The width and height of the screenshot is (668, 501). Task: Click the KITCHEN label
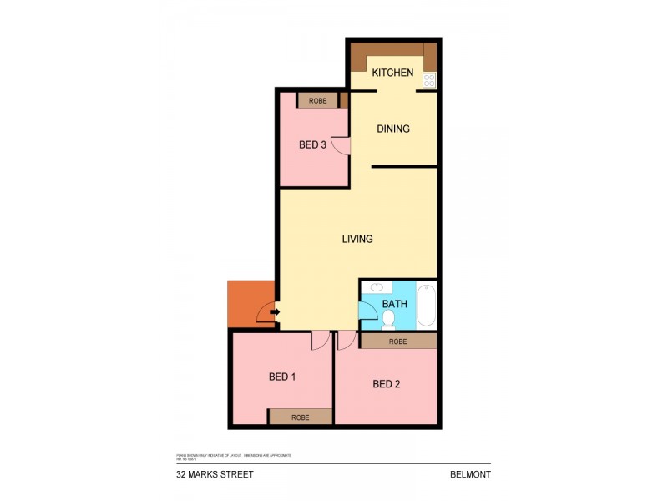(x=392, y=73)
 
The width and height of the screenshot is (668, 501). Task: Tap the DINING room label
(x=393, y=129)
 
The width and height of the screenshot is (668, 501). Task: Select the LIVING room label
(x=357, y=239)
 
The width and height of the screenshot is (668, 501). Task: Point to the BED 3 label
(x=312, y=144)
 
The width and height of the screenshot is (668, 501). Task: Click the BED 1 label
(x=282, y=377)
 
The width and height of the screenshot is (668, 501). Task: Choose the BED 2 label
(x=387, y=384)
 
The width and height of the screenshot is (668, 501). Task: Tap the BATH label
(x=394, y=304)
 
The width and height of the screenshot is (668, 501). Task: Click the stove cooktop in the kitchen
(x=429, y=80)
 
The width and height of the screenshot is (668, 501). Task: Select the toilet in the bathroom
(x=388, y=320)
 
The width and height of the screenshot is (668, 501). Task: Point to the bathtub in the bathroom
(x=426, y=306)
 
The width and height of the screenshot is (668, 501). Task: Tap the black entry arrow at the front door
(x=276, y=313)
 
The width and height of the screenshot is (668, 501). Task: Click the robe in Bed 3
(x=317, y=100)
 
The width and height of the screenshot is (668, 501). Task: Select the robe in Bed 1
(x=300, y=417)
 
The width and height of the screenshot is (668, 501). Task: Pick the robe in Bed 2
(x=398, y=341)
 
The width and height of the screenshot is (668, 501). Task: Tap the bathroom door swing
(x=367, y=311)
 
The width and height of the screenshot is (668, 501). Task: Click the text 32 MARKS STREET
(x=215, y=474)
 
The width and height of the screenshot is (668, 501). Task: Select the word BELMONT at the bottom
(x=469, y=474)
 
